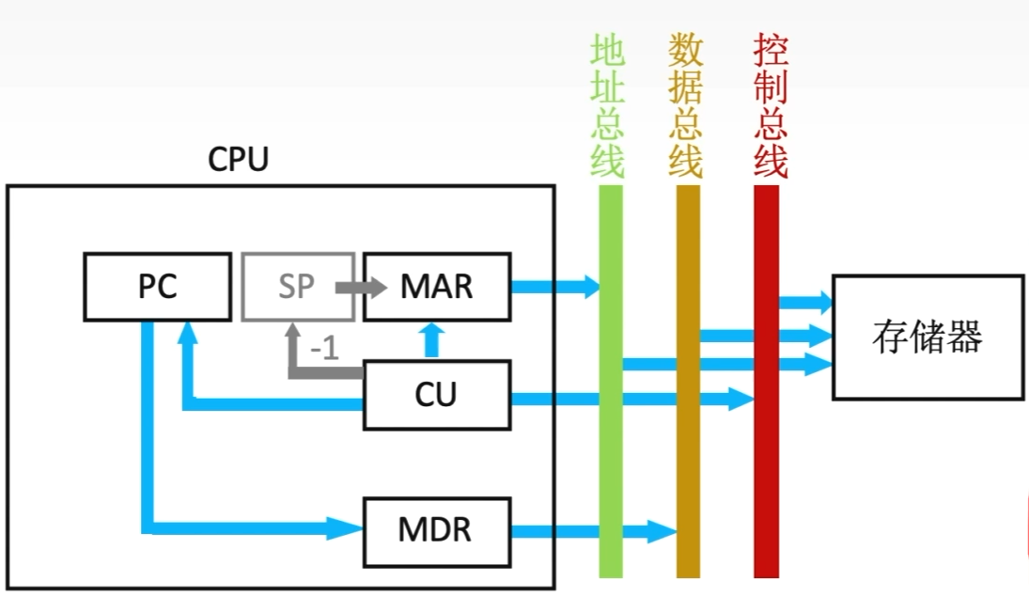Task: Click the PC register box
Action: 157,287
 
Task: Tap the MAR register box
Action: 437,287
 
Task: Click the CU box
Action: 437,396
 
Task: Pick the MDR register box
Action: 437,531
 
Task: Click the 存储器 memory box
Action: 928,337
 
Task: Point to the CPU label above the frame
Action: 238,160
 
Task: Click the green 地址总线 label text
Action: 608,106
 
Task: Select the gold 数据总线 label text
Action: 686,106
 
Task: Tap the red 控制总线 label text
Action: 771,106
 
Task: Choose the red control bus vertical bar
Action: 767,470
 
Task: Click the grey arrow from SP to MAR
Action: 362,287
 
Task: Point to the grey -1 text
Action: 323,350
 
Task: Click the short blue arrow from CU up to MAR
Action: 431,340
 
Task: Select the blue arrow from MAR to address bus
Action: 554,287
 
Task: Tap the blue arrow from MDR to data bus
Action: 592,531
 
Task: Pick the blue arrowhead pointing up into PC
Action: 189,330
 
